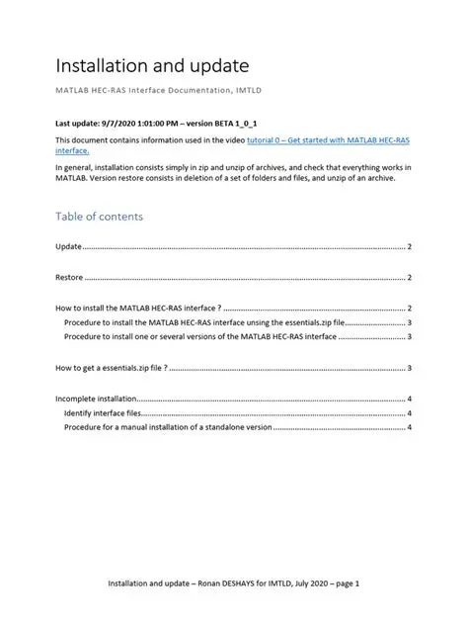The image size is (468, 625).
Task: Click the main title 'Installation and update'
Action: point(151,66)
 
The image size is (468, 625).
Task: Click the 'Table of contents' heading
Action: point(99,216)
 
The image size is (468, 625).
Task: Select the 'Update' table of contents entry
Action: point(68,245)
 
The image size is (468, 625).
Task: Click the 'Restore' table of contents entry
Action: point(69,278)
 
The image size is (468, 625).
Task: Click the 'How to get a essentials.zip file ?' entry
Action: point(111,368)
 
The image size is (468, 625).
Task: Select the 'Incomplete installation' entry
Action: point(96,400)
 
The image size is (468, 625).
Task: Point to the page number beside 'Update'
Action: point(409,245)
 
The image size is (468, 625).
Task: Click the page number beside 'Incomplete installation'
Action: point(409,400)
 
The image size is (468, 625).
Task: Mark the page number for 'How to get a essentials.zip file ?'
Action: point(409,368)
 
